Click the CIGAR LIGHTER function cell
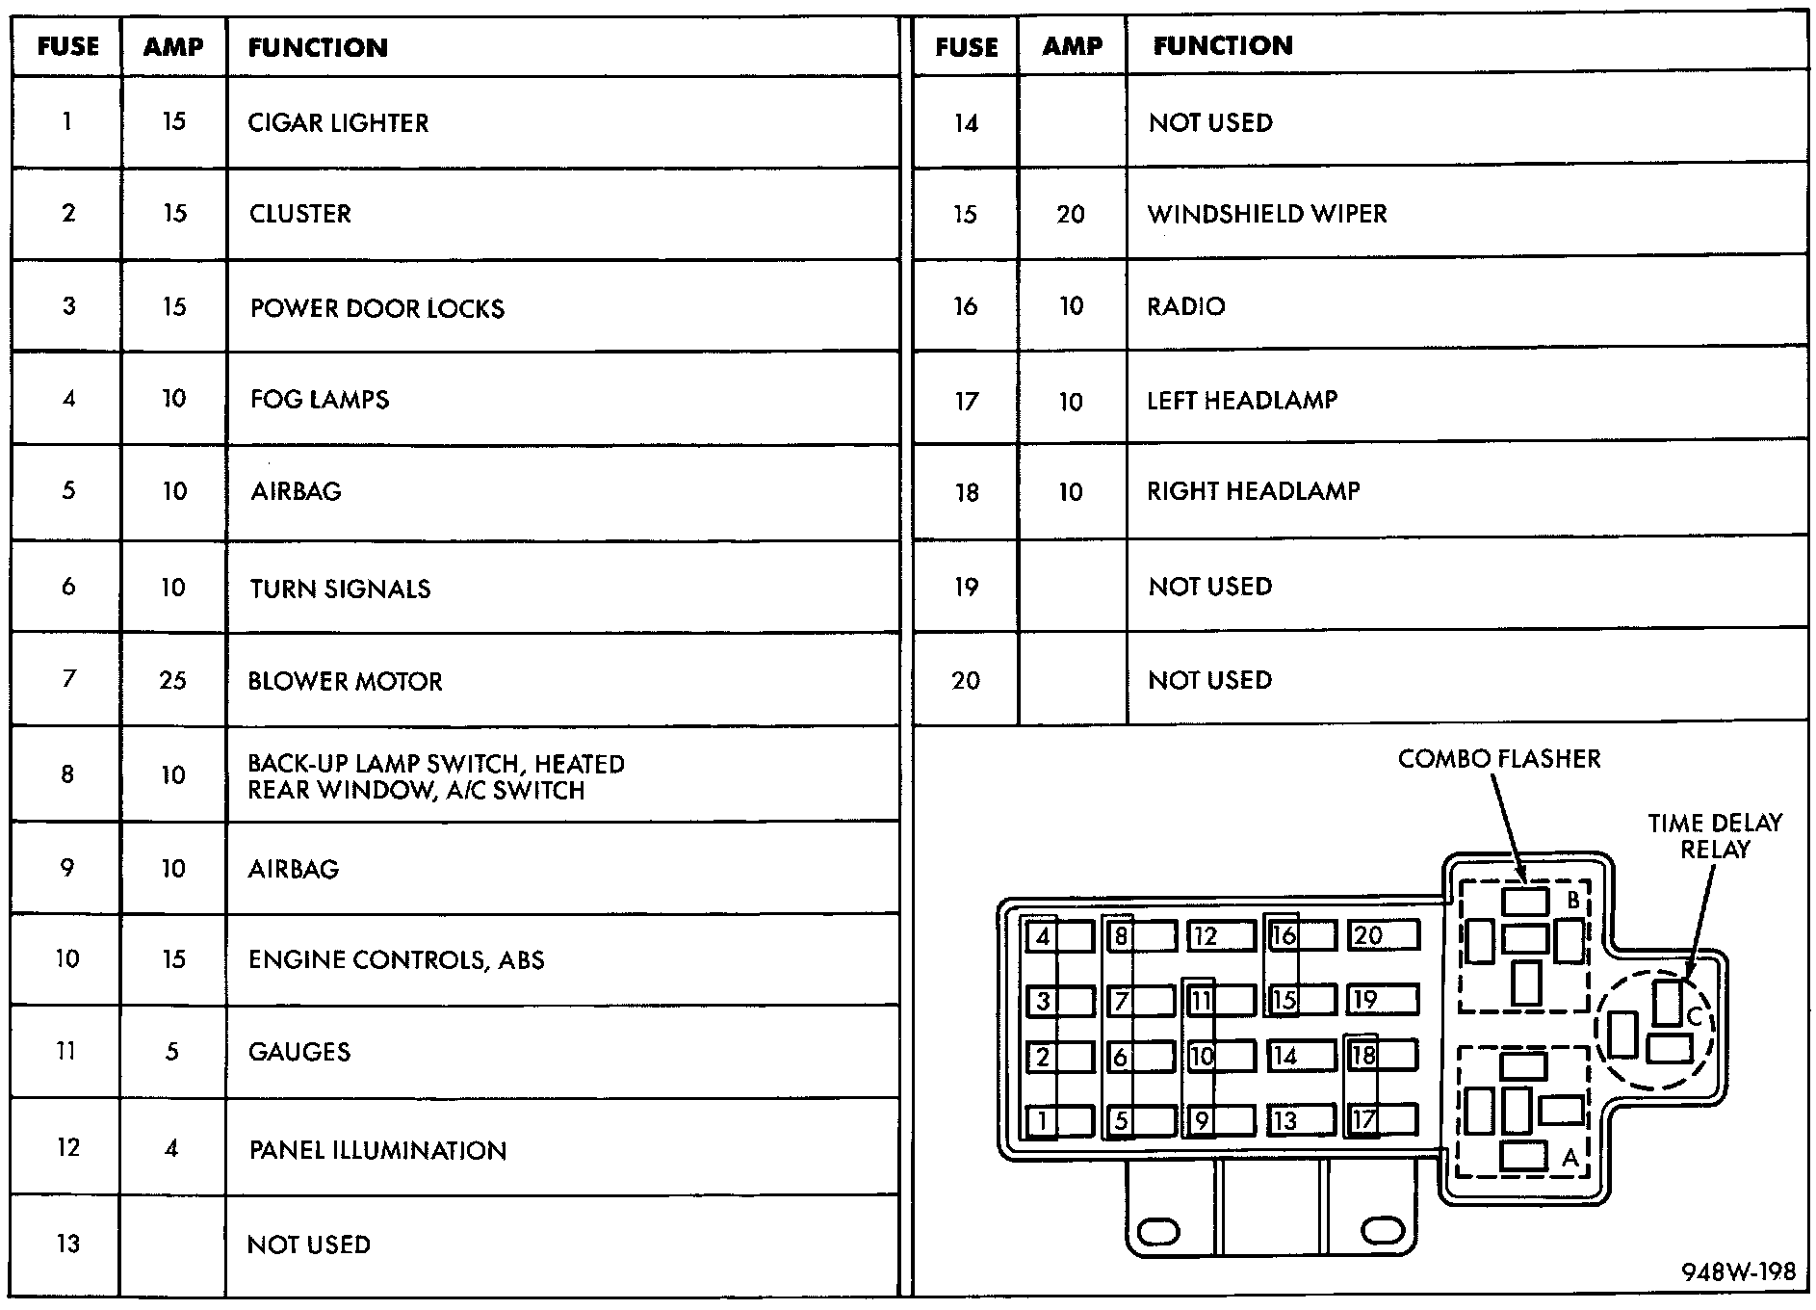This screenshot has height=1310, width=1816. (x=338, y=123)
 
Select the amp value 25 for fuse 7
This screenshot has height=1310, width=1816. (x=172, y=681)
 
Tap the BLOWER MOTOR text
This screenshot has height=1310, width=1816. (x=345, y=682)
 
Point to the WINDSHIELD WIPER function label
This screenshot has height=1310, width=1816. (x=1267, y=214)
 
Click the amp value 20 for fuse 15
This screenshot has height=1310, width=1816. (x=1071, y=214)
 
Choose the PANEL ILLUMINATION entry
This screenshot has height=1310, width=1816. (x=376, y=1150)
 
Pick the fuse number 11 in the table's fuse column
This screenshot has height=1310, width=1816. (x=66, y=1051)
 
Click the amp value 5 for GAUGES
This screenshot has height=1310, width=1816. (x=171, y=1052)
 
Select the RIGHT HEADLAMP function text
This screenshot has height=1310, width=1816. (x=1253, y=491)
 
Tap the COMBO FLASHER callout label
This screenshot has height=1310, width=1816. (x=1498, y=759)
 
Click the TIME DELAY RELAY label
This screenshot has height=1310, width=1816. (x=1714, y=836)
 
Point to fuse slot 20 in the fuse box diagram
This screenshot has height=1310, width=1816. (x=1383, y=936)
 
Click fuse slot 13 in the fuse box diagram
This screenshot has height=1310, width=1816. (x=1300, y=1120)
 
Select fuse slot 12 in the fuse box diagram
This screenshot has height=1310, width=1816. (x=1220, y=936)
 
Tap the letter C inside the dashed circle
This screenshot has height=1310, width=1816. (x=1695, y=1016)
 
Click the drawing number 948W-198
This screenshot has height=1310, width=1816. (x=1738, y=1272)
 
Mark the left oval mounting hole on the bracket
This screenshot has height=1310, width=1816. (x=1158, y=1231)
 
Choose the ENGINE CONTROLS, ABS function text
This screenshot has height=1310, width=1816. (x=396, y=960)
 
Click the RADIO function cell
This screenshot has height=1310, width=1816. (x=1185, y=306)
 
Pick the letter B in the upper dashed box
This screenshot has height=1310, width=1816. (x=1572, y=901)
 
